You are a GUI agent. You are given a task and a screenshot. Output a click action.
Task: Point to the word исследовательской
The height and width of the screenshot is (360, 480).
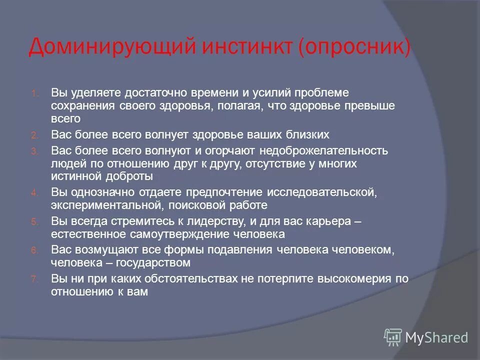tap(321, 192)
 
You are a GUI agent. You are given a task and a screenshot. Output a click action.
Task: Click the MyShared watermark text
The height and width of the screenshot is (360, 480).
tap(436, 337)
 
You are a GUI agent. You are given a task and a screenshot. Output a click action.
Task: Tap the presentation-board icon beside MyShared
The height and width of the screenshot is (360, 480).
tap(393, 337)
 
